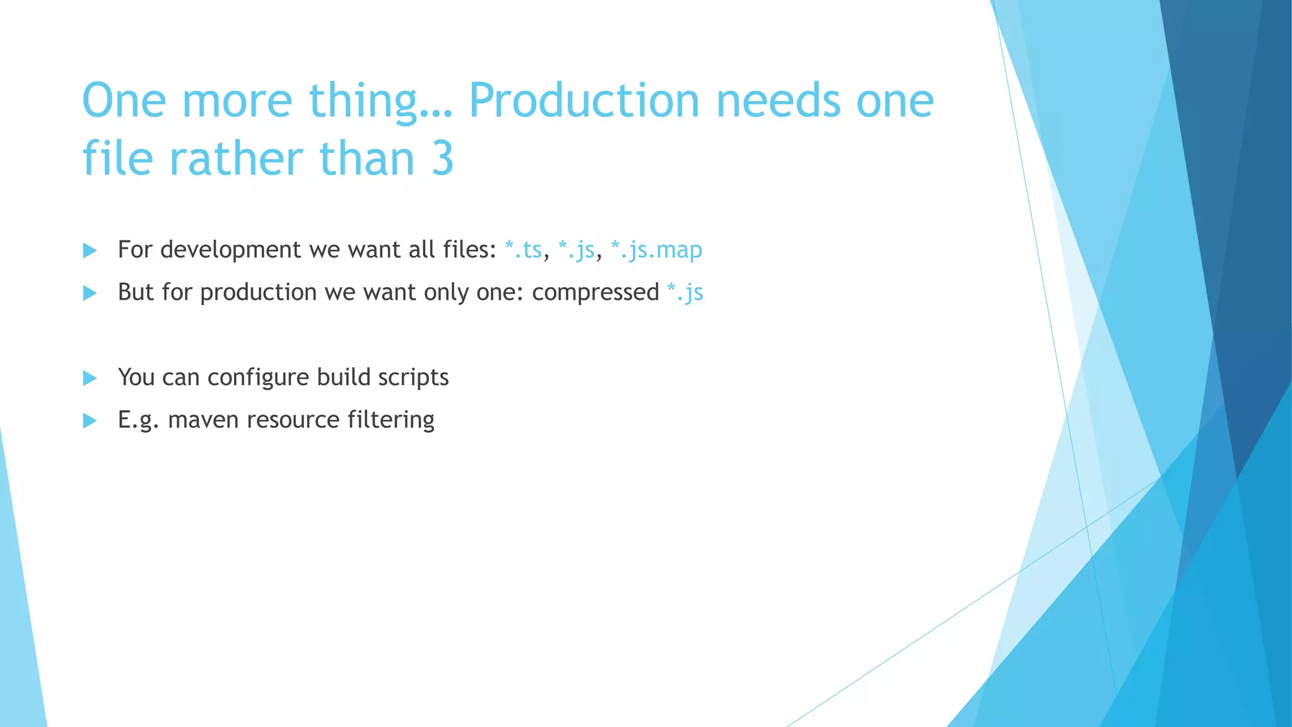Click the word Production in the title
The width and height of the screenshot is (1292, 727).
click(584, 101)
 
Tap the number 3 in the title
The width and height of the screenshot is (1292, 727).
click(443, 158)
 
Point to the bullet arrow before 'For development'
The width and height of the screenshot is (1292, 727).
click(90, 251)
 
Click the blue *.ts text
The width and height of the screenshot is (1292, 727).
click(524, 250)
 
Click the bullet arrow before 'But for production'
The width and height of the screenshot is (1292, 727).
click(90, 293)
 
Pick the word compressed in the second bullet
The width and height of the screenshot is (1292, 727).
click(595, 292)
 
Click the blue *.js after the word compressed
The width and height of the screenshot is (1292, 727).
click(685, 292)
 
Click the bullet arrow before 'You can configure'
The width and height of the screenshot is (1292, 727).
click(90, 378)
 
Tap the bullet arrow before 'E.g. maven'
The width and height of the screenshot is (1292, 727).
click(90, 420)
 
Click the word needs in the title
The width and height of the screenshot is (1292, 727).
click(778, 101)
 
